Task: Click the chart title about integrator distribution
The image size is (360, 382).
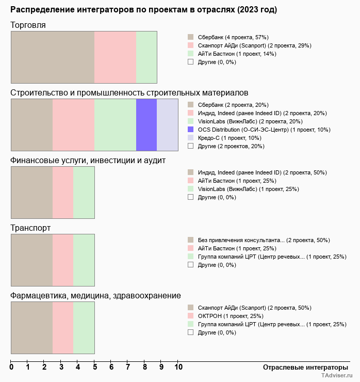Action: pos(143,10)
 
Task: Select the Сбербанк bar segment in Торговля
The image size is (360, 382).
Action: pos(53,57)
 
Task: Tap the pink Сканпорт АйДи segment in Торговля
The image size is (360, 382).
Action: pos(115,57)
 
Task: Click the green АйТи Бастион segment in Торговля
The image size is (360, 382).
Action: pos(146,57)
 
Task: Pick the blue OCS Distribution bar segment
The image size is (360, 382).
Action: pos(146,124)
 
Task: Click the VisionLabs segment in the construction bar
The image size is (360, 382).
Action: pos(115,124)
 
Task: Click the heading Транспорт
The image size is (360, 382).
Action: pos(30,228)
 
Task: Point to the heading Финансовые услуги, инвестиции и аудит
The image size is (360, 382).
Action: pos(88,160)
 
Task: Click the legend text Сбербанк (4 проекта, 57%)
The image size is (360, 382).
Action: pos(233,37)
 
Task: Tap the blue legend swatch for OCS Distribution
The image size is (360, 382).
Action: pos(190,130)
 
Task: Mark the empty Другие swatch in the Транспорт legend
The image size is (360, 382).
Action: pos(190,265)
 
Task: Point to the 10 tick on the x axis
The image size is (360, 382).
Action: pos(178,367)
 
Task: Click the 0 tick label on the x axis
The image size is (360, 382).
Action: pos(11,367)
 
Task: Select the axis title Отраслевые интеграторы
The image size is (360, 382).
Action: pos(302,367)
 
